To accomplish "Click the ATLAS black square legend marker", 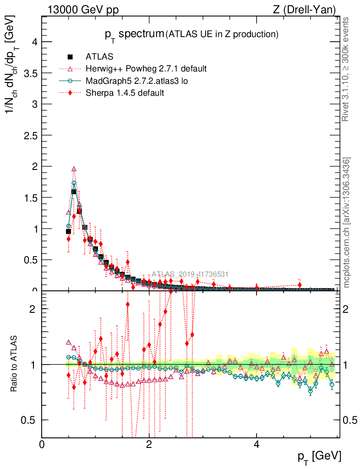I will pyautogui.click(x=71, y=57).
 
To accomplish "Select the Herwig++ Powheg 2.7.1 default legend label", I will pyautogui.click(x=146, y=69).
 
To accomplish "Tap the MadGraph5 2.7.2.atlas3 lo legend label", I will pyautogui.click(x=137, y=81).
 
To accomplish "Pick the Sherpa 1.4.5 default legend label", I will pyautogui.click(x=125, y=93).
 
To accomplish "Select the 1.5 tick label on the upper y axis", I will pyautogui.click(x=32, y=197).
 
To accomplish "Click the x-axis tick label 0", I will pyautogui.click(x=42, y=444).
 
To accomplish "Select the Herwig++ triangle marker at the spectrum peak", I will pyautogui.click(x=74, y=169).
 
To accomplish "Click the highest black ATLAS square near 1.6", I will pyautogui.click(x=74, y=192).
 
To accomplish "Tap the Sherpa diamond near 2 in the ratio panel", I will pyautogui.click(x=127, y=305).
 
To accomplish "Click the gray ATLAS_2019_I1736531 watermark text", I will pyautogui.click(x=190, y=274).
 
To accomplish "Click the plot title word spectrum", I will pyautogui.click(x=141, y=34).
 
